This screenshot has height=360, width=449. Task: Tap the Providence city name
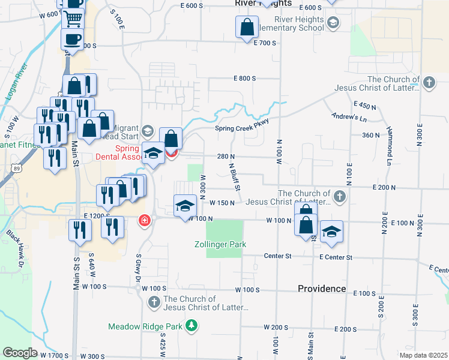pos(322,289)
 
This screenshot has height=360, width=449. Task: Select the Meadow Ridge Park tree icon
pos(191,325)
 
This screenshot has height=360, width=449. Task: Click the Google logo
pos(20,352)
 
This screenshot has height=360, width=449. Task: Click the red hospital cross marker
pos(144,221)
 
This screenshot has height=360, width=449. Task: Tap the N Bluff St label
pos(236,178)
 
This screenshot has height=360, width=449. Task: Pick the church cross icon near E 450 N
pos(429,83)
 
